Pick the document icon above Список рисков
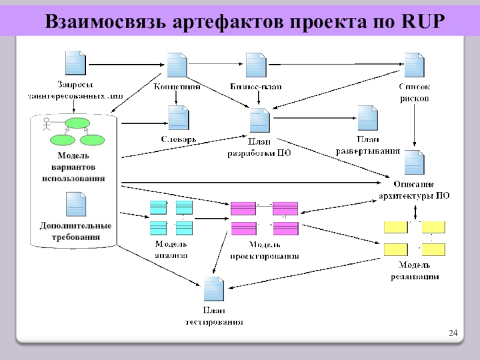coord(414,65)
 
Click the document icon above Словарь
coord(179,118)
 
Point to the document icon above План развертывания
coord(367,118)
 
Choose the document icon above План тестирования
coord(214,290)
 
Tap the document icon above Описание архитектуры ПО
coord(414,162)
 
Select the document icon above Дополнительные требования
coord(75,205)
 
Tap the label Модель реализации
coord(415,271)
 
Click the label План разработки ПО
coord(259,148)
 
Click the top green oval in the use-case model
coord(77,124)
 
